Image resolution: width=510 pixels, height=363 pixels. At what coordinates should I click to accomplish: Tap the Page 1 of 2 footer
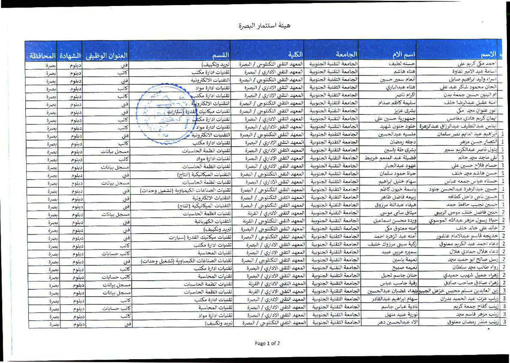coord(267,343)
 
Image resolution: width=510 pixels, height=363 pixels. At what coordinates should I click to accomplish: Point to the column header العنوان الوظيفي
coord(107,56)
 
